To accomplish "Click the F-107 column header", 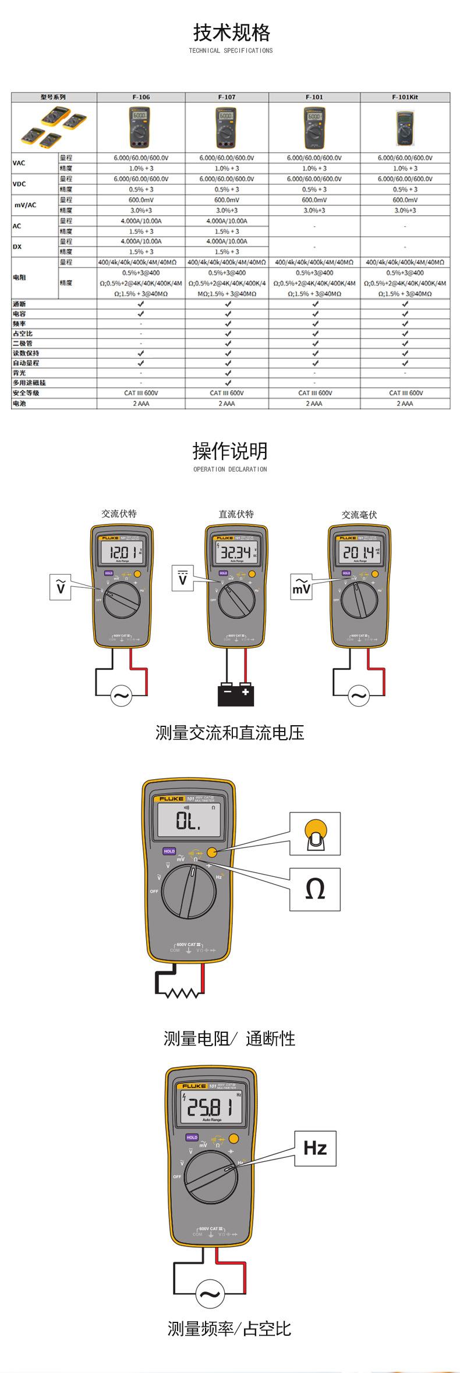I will (227, 97).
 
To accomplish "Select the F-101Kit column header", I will (405, 97).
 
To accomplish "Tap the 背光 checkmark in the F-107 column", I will (228, 373).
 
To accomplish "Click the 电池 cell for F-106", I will (141, 403).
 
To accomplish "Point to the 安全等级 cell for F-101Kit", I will (405, 393).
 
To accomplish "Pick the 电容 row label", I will (20, 314).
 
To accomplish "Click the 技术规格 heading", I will (231, 33).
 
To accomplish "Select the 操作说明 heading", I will (230, 451).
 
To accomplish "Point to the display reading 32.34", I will (235, 553).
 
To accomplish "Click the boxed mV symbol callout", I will (302, 589).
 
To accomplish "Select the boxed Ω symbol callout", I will (314, 889).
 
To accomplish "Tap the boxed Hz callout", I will (315, 1148).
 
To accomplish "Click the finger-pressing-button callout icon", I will (315, 833).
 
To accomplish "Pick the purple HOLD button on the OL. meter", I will (169, 851).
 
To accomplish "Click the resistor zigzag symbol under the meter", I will (185, 993).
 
